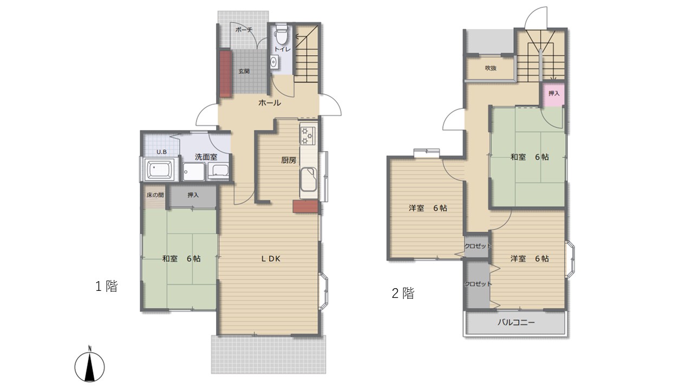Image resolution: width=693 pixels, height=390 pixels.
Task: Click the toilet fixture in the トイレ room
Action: (282, 34)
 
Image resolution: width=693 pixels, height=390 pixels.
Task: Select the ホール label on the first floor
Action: (270, 103)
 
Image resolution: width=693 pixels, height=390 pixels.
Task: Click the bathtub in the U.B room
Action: (160, 170)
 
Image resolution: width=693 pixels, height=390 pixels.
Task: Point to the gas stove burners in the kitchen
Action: (308, 135)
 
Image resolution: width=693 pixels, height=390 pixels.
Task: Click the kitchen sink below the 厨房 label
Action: (309, 179)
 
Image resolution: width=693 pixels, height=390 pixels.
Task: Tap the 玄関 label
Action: (244, 71)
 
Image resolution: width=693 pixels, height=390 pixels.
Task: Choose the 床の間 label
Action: (155, 195)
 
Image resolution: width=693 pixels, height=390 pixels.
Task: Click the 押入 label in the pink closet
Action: (554, 93)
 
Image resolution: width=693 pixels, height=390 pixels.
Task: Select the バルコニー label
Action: (516, 322)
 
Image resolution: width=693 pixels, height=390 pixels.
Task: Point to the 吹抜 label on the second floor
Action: (491, 68)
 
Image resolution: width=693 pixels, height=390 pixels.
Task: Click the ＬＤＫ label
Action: (271, 259)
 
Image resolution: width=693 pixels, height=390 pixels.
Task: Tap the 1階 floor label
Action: (107, 286)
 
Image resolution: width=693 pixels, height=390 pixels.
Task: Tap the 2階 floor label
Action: (403, 293)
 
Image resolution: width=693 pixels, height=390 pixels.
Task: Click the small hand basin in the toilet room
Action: (274, 62)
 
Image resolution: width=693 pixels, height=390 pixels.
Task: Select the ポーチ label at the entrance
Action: (244, 30)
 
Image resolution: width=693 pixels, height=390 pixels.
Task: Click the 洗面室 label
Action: (206, 157)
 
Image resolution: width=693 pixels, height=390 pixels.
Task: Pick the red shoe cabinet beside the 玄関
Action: (226, 74)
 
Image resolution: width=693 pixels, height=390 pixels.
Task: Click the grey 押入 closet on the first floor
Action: (193, 196)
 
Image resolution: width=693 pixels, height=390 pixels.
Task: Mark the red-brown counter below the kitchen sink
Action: (305, 206)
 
